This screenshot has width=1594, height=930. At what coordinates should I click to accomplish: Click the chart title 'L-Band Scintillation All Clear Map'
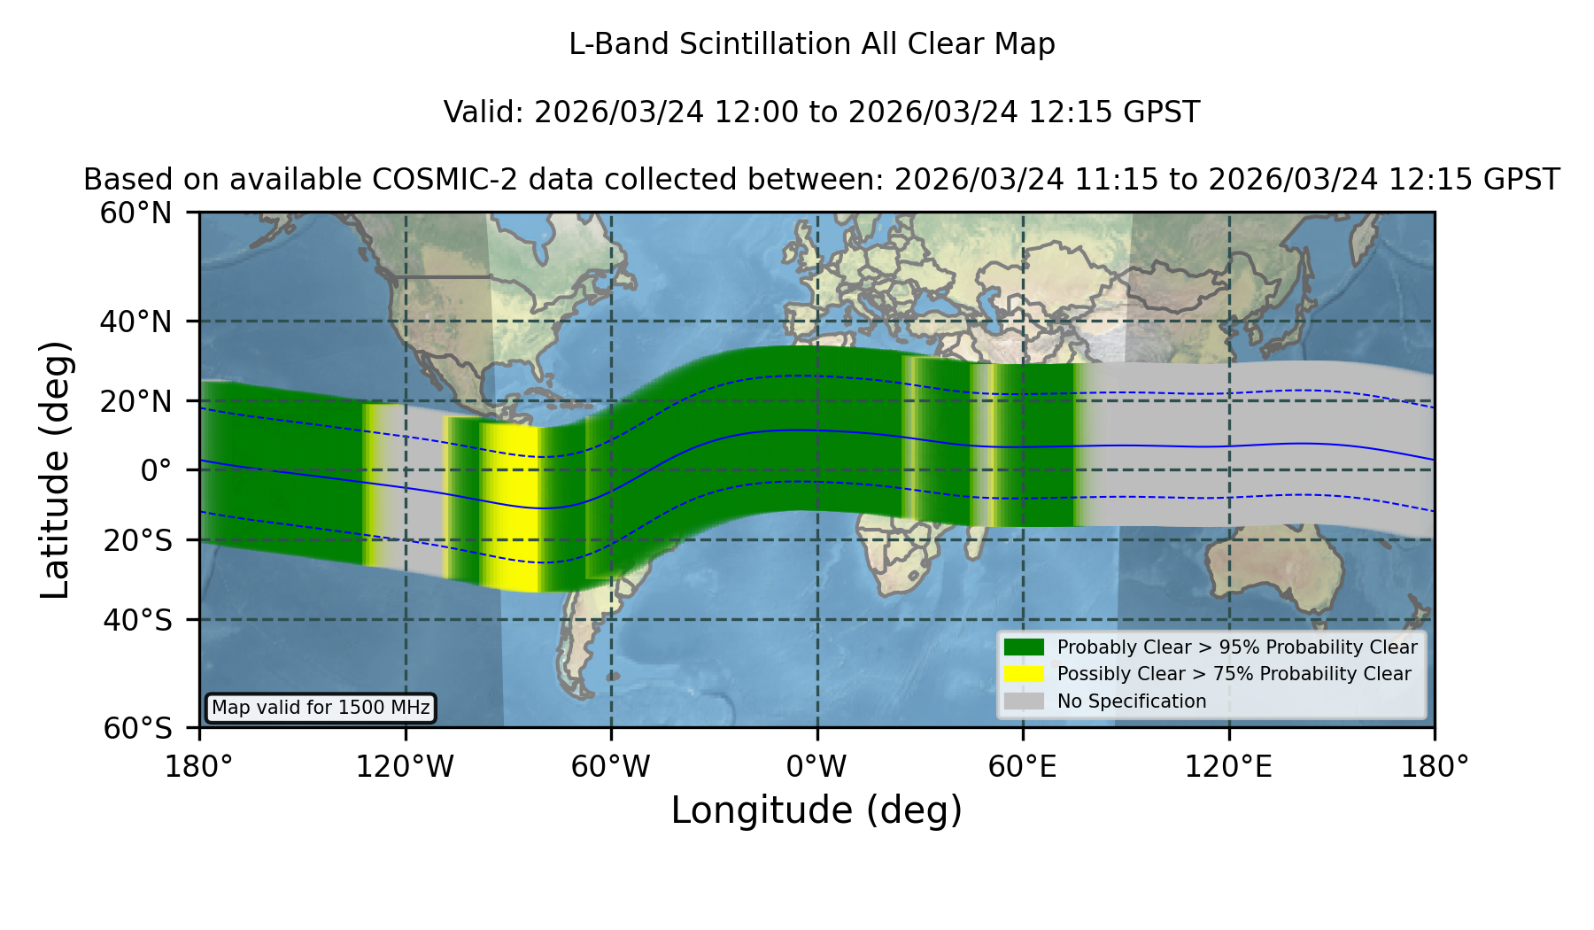click(812, 44)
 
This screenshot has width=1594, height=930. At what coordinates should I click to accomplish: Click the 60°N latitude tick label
click(136, 213)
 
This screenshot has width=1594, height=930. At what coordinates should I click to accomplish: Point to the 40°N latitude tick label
click(136, 322)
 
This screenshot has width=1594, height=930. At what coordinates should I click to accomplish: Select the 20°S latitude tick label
click(138, 540)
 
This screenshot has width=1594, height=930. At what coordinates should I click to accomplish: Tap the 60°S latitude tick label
click(138, 728)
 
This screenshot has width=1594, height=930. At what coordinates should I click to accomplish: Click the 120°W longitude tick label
click(405, 767)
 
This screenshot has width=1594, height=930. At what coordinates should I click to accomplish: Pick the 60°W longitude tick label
click(611, 767)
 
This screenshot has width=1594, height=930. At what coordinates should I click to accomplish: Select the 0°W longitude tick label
click(817, 767)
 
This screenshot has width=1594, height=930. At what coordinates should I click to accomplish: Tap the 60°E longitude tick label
click(1023, 767)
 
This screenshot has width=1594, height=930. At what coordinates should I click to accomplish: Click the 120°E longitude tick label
click(1229, 767)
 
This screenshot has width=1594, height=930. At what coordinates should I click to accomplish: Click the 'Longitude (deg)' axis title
click(816, 811)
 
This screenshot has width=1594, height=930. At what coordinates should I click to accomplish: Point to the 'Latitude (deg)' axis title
click(55, 469)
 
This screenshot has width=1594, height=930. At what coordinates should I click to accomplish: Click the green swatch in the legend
click(1025, 647)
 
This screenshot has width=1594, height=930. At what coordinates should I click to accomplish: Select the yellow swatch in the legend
click(1025, 673)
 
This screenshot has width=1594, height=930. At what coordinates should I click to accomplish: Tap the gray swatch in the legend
click(1025, 701)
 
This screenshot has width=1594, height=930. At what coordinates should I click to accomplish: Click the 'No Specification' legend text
click(1132, 701)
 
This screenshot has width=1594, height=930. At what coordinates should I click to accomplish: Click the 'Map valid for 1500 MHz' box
click(321, 708)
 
